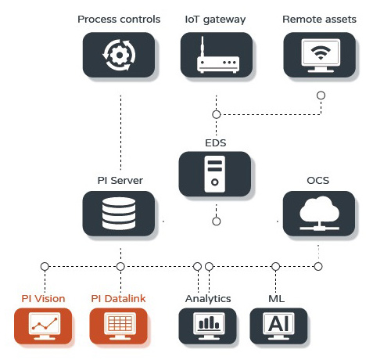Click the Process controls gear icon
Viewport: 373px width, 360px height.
(x=119, y=55)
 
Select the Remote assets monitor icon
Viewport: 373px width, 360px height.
(x=321, y=56)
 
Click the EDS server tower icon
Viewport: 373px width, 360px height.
(x=215, y=174)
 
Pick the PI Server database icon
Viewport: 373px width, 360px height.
(x=119, y=214)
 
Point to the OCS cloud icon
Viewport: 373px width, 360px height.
(x=319, y=214)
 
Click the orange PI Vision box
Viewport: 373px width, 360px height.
(x=43, y=326)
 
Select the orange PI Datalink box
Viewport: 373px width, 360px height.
(x=119, y=326)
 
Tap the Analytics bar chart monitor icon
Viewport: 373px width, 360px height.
(x=209, y=326)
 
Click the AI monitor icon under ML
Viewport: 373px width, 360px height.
(x=278, y=326)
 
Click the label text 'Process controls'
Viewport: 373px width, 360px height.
(x=119, y=20)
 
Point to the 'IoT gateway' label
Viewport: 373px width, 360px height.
(x=215, y=20)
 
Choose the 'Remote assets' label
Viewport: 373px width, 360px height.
(x=320, y=20)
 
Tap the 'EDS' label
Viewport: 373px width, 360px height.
(x=216, y=143)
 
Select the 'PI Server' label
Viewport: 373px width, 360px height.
(x=120, y=181)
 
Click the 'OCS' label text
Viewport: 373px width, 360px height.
(x=318, y=181)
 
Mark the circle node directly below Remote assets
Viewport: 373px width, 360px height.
(x=321, y=95)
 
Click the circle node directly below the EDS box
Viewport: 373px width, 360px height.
(x=217, y=221)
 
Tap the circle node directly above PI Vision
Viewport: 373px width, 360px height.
(x=45, y=267)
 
